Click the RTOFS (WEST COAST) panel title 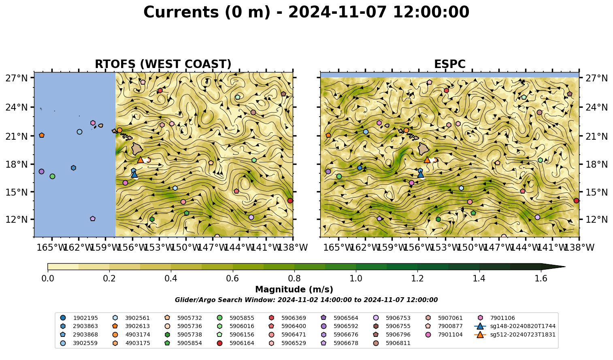click(163, 64)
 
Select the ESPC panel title click(449, 64)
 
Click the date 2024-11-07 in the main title click(337, 12)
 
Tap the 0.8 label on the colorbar click(294, 279)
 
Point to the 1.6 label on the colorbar click(541, 279)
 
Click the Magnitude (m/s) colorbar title click(294, 290)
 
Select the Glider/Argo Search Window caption click(306, 300)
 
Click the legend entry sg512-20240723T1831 click(515, 334)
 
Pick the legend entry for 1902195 click(79, 318)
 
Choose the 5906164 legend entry click(235, 343)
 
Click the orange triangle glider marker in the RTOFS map click(140, 160)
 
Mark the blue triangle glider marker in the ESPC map click(421, 174)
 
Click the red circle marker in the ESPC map click(576, 201)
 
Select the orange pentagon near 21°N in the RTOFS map click(42, 135)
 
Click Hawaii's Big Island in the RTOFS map click(137, 149)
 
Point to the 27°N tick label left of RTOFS click(17, 78)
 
